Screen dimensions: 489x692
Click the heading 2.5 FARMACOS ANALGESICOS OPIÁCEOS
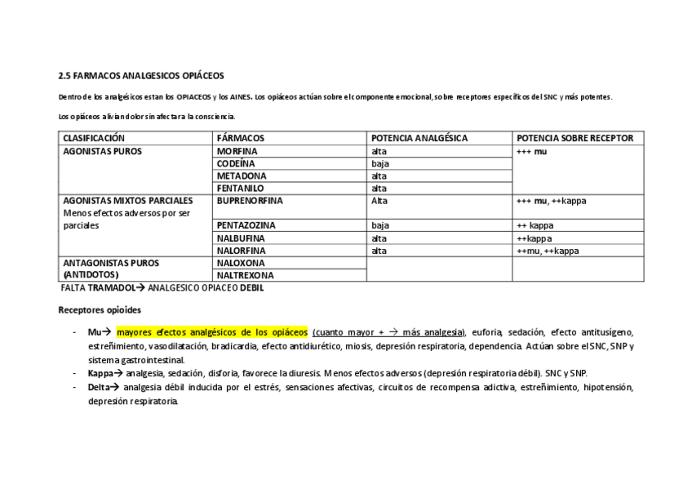[x=140, y=76]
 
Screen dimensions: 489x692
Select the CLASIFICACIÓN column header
[x=94, y=139]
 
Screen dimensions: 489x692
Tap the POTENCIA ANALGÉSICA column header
[x=419, y=139]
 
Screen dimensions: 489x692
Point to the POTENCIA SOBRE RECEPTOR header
[x=574, y=139]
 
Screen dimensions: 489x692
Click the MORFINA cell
[x=237, y=151]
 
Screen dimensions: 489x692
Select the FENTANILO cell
[x=241, y=188]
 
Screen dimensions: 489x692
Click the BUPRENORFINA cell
[x=250, y=200]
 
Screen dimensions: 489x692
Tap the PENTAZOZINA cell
[x=246, y=224]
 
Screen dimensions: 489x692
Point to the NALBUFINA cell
[x=241, y=238]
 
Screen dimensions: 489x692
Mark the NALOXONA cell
[x=241, y=263]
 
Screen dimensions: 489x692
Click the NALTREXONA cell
[x=245, y=276]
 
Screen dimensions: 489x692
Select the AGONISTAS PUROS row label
[x=102, y=151]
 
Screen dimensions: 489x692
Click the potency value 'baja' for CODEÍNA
[x=379, y=163]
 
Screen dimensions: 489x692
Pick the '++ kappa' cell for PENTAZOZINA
[x=535, y=224]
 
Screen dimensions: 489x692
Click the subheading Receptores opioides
[x=99, y=310]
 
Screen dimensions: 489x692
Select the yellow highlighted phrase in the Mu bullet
[x=212, y=333]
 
